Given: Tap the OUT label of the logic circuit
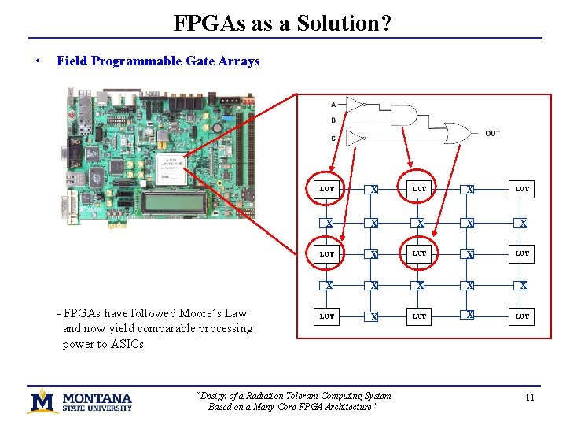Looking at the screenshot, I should coord(492,134).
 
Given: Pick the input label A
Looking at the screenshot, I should coord(333,105).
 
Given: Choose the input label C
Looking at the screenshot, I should coord(333,139).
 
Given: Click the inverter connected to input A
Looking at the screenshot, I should coord(355,104).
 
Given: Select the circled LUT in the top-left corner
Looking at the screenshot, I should coord(327,189).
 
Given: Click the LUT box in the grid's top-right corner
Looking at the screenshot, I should coord(522,189).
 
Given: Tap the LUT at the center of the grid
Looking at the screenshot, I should coord(420,253).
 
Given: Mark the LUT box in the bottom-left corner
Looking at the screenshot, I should coord(327,316).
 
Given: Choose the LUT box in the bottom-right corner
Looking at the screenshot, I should coord(522,316).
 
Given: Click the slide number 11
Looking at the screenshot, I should coord(529,397).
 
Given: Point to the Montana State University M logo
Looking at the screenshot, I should coord(42,401).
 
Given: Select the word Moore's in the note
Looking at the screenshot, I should coord(202,313).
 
